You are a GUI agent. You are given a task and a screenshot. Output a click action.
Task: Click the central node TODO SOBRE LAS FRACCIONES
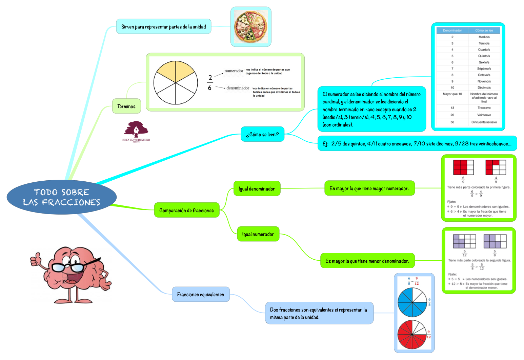(61, 197)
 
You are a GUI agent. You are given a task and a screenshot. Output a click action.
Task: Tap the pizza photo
(250, 27)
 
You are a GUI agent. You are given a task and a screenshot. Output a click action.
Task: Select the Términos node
(126, 106)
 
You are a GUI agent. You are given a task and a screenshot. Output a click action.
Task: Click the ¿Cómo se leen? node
(262, 134)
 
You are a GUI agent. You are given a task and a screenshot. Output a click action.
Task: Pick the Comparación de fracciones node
(186, 210)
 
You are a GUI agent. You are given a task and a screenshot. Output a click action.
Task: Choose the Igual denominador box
(257, 188)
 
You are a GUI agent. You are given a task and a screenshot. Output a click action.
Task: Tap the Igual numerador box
(258, 234)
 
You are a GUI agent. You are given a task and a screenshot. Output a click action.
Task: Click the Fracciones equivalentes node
(200, 294)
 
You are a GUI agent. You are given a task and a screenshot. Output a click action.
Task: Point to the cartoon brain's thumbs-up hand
(36, 260)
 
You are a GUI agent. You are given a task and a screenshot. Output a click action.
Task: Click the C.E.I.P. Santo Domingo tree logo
(136, 131)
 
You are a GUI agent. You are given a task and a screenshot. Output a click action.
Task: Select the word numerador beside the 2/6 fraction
(234, 71)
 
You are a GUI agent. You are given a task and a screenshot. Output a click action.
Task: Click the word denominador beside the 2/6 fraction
(238, 88)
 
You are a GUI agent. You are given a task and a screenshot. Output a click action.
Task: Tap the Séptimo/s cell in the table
(484, 68)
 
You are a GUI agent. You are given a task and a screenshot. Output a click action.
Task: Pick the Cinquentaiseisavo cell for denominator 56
(484, 122)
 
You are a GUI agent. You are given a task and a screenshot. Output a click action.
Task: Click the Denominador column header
(452, 31)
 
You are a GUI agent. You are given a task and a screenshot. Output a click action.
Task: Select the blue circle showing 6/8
(412, 302)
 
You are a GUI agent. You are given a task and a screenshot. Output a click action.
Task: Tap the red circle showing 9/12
(412, 335)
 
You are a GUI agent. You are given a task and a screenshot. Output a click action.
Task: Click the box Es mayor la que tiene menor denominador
(367, 261)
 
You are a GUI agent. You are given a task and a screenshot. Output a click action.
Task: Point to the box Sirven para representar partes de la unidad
(163, 26)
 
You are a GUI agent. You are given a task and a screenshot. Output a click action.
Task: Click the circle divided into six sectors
(175, 83)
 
